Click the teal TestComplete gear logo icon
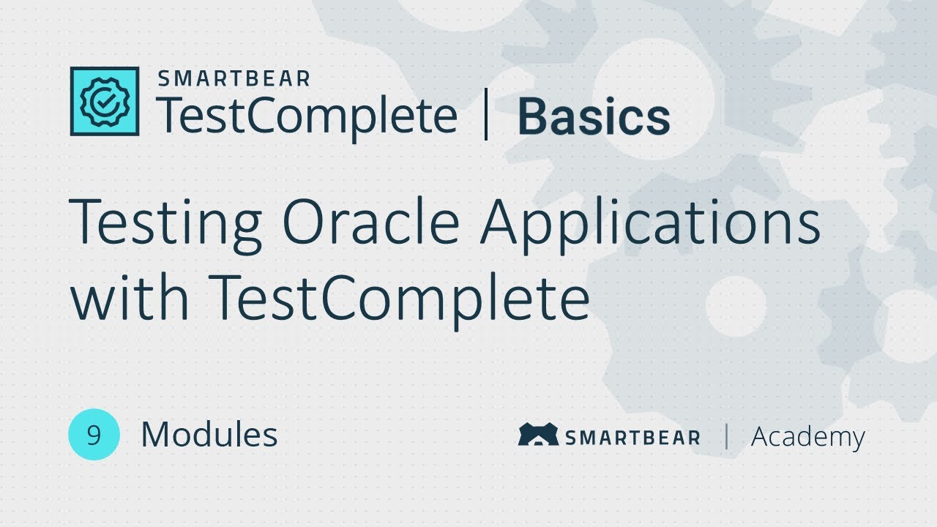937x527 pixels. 105,101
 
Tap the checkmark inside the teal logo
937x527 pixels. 105,102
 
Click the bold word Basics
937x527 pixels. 594,118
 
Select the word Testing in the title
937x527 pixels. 165,223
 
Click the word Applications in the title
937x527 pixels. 650,223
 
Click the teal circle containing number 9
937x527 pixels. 94,435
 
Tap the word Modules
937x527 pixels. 209,435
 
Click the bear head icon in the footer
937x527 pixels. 538,435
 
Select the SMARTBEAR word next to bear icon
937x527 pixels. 632,438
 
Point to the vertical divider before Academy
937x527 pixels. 726,436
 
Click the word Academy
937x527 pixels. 808,437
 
